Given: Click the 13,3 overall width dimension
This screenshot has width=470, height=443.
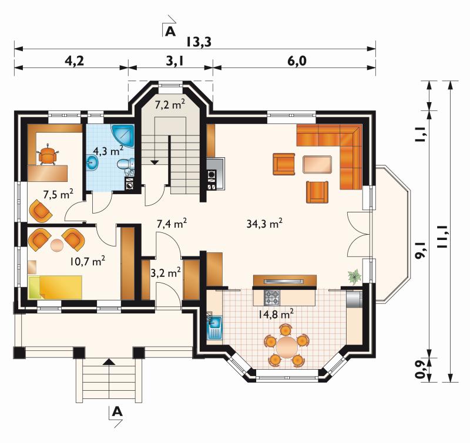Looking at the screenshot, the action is tap(199, 42).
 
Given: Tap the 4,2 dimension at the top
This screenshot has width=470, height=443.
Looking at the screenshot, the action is tap(75, 61).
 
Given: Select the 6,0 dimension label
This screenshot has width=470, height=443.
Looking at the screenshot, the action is tap(297, 61).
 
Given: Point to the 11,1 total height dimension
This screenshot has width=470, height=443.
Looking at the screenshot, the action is tap(444, 236).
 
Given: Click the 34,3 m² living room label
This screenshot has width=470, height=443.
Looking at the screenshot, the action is tap(264, 224).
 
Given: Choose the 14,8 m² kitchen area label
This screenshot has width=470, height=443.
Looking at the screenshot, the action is tap(276, 315).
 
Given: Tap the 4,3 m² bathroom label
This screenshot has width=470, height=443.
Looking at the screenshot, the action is tap(108, 151).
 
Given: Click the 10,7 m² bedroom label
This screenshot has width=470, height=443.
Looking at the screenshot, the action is tap(87, 261).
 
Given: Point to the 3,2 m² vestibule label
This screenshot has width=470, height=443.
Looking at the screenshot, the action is tap(166, 273).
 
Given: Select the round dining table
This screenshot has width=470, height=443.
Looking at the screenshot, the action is tap(287, 346).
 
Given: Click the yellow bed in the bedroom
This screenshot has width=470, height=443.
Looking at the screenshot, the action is tap(55, 288).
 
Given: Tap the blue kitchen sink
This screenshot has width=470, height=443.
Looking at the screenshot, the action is tap(214, 327).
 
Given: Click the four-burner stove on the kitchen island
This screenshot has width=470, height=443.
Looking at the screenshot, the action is tap(271, 297).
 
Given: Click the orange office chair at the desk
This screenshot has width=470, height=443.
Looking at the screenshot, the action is tap(48, 154).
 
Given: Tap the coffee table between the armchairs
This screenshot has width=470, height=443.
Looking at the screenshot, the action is tap(317, 164).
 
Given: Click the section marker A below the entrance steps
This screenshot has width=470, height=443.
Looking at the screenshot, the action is tap(117, 412).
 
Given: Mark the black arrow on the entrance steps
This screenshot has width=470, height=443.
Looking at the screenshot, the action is tap(109, 362).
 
